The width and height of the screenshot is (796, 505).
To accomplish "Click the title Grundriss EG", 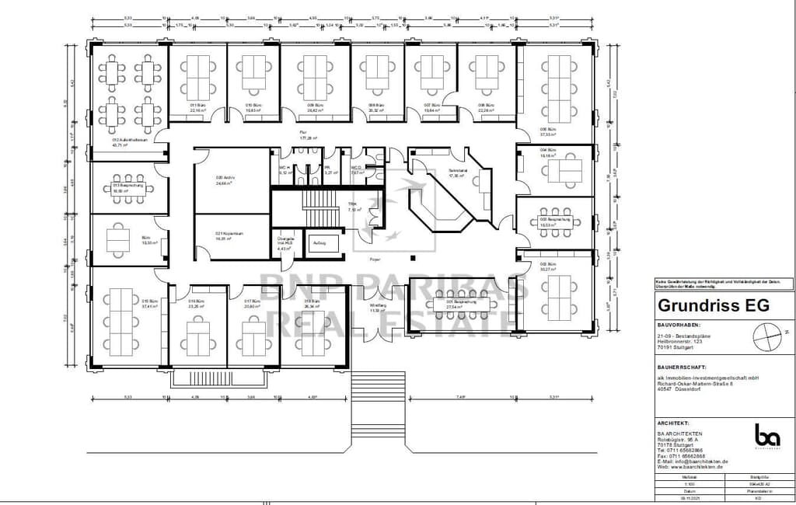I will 713,305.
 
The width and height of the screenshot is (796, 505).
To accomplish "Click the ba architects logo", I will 766,435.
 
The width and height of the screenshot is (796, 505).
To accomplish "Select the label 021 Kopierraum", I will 226,235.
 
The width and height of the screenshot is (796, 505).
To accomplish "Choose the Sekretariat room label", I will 458,173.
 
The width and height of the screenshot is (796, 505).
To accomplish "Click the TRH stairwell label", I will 352,207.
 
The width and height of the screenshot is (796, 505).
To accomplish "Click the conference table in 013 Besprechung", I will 127,189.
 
